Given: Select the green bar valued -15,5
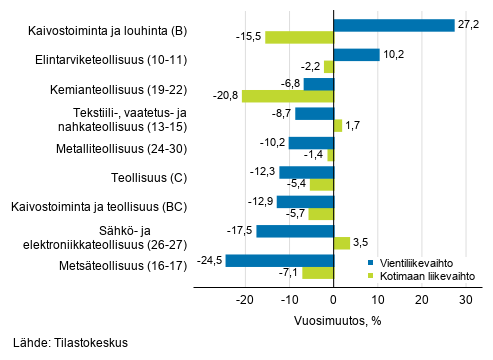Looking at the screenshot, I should pyautogui.click(x=298, y=38).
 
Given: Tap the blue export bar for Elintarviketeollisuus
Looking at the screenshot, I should pyautogui.click(x=356, y=55).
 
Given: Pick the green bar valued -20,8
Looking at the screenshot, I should pyautogui.click(x=287, y=97).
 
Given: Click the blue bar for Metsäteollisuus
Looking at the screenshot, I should pyautogui.click(x=279, y=260).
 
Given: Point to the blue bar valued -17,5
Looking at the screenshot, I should pyautogui.click(x=294, y=231).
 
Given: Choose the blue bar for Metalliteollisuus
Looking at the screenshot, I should pyautogui.click(x=310, y=142).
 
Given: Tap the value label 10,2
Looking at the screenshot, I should pyautogui.click(x=393, y=55).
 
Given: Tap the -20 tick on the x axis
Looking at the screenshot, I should pyautogui.click(x=245, y=298).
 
